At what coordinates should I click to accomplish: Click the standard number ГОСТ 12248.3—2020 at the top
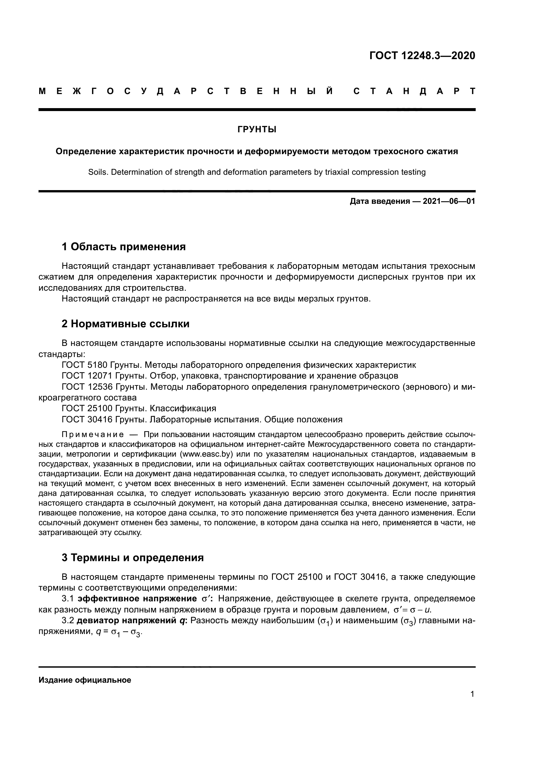[422, 56]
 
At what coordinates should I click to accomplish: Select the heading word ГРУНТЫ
[257, 129]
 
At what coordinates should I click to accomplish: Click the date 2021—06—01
[449, 201]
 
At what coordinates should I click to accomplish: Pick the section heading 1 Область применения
[123, 247]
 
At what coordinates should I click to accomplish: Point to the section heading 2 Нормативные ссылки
[125, 324]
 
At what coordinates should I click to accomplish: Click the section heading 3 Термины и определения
[132, 558]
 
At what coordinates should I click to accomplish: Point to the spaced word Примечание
[93, 434]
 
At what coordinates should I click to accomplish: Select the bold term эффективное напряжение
[137, 599]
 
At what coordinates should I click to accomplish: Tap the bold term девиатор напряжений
[128, 621]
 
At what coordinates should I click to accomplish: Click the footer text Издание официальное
[85, 680]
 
